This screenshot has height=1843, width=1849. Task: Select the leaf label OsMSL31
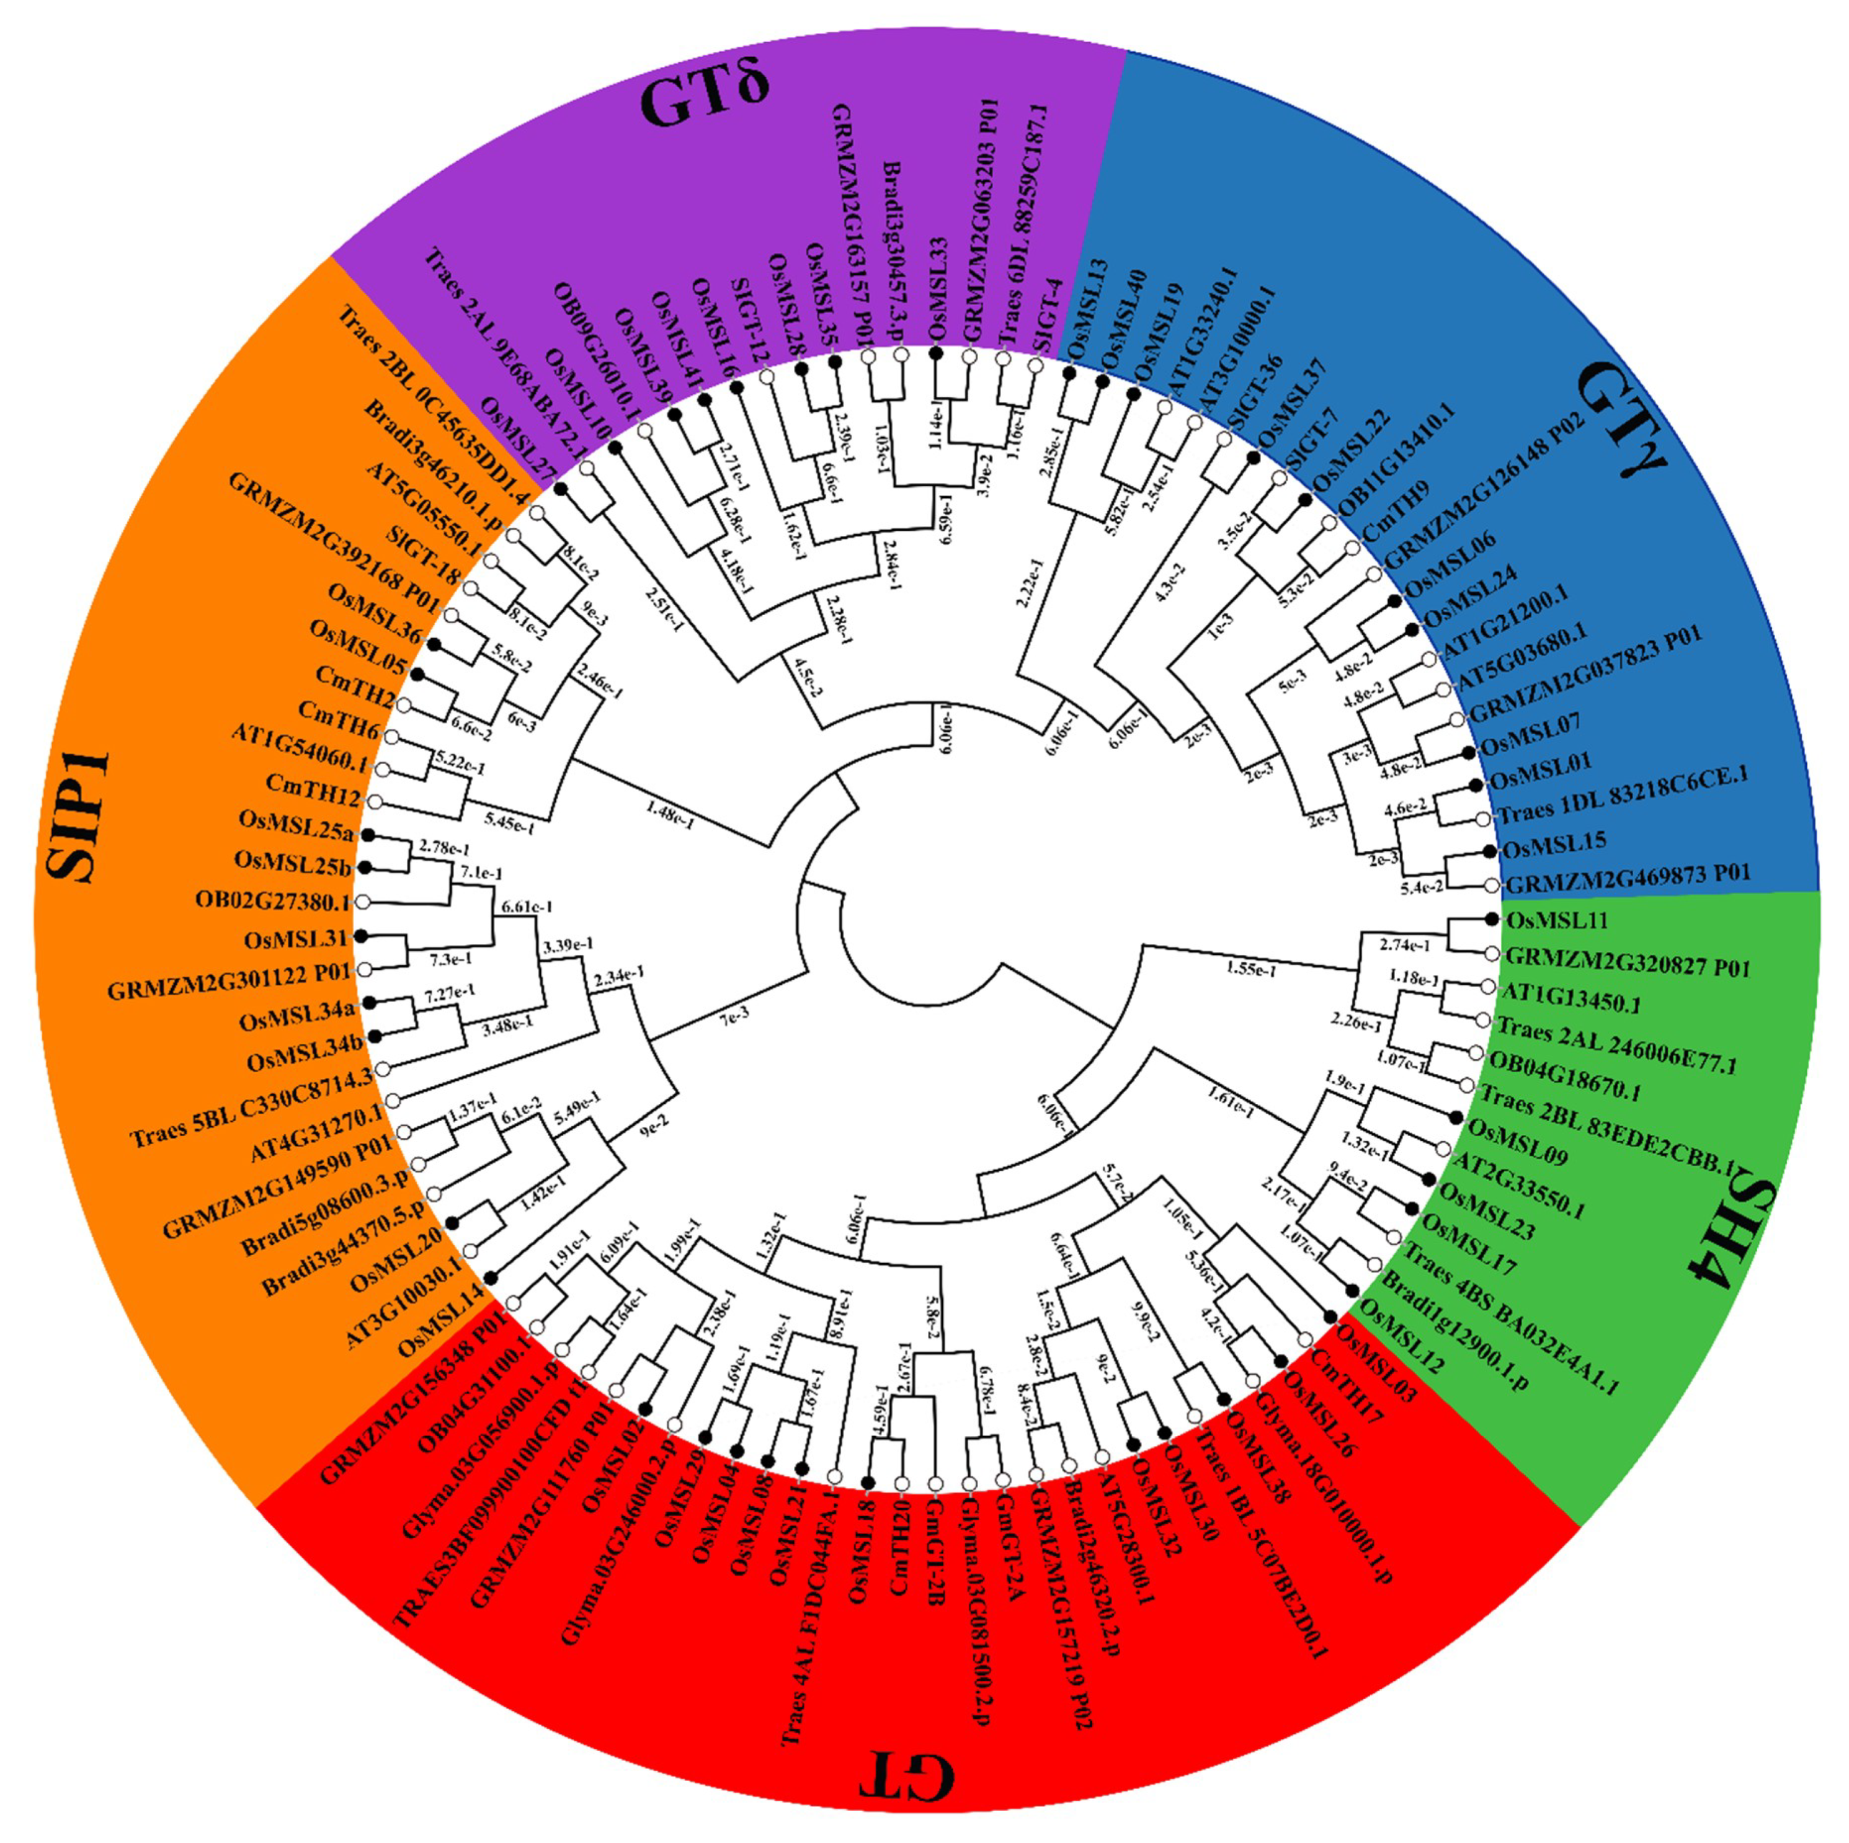(298, 938)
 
